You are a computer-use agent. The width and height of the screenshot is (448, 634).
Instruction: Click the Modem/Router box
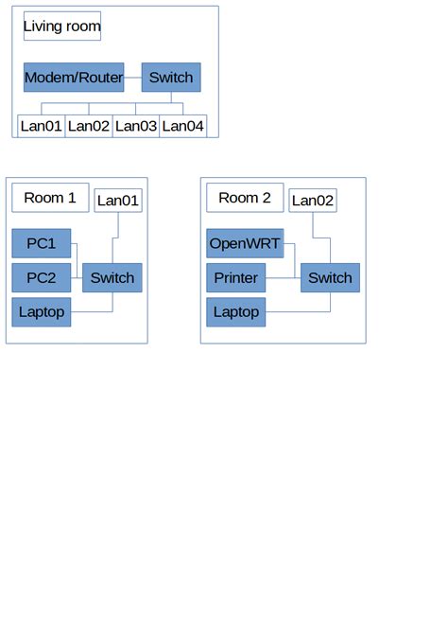74,78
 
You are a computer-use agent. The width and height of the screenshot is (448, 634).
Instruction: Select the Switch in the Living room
171,78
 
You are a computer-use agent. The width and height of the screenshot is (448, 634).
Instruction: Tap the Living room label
62,26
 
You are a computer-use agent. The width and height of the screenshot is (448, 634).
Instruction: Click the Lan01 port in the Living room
41,126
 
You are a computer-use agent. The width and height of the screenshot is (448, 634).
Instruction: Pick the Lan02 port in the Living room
89,126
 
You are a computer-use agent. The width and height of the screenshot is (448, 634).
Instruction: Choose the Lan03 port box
136,126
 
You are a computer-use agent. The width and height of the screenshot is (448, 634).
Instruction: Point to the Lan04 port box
182,126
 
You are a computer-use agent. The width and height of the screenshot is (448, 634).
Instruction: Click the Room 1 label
50,198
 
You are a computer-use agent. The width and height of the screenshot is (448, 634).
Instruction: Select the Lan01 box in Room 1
118,201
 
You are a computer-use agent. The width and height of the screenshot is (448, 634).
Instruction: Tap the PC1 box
41,244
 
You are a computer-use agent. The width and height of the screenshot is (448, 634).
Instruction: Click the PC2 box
41,278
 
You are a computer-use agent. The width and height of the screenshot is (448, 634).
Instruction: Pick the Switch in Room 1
112,278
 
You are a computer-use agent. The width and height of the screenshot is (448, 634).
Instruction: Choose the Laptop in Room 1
41,312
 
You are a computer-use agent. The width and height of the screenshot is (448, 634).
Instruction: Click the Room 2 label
245,198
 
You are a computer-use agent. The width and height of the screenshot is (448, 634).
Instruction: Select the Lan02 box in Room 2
313,201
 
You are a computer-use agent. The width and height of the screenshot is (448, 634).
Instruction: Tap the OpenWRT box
245,244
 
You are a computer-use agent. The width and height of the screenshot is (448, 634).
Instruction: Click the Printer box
235,278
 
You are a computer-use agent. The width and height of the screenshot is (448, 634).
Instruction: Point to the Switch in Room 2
330,278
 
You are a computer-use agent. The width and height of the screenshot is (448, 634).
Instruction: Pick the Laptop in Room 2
235,312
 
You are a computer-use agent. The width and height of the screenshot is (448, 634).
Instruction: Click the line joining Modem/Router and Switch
133,78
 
